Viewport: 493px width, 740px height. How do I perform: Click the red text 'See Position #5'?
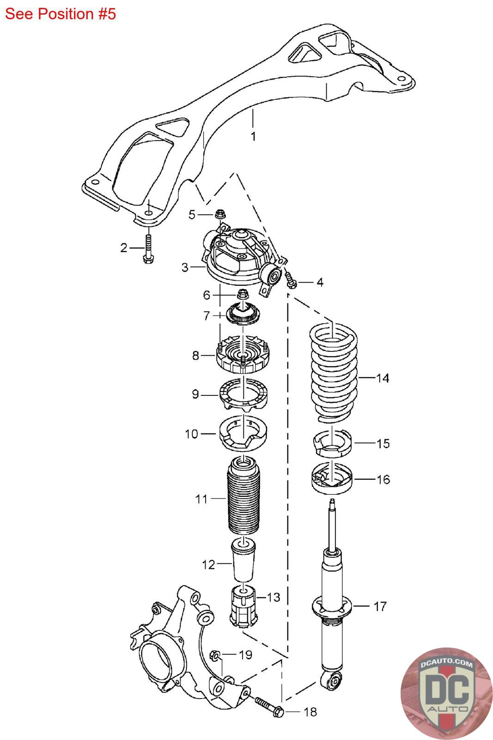pos(61,14)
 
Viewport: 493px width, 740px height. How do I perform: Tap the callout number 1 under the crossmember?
pos(253,136)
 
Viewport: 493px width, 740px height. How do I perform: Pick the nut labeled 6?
pos(243,293)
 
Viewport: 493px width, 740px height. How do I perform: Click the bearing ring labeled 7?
pos(243,314)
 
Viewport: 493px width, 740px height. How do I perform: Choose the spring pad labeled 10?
pos(243,434)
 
